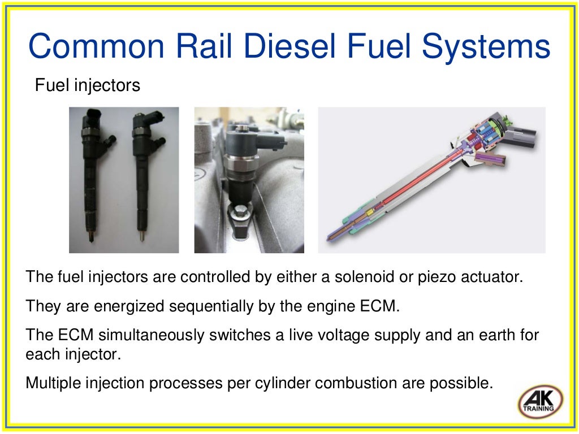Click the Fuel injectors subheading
click(88, 85)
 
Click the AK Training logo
click(540, 402)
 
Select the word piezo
click(434, 277)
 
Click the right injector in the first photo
click(144, 175)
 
